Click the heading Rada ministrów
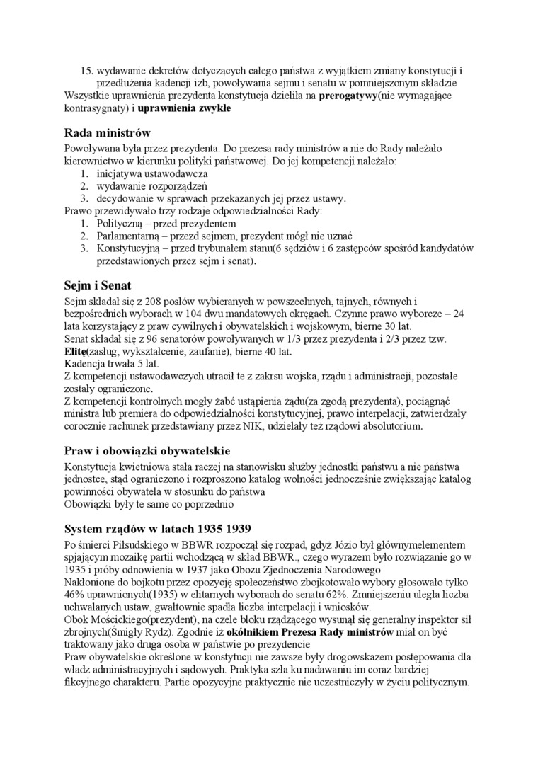107,132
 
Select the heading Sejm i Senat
96,286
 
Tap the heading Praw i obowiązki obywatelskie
147,451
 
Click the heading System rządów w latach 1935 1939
157,529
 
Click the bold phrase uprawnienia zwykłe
184,109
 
